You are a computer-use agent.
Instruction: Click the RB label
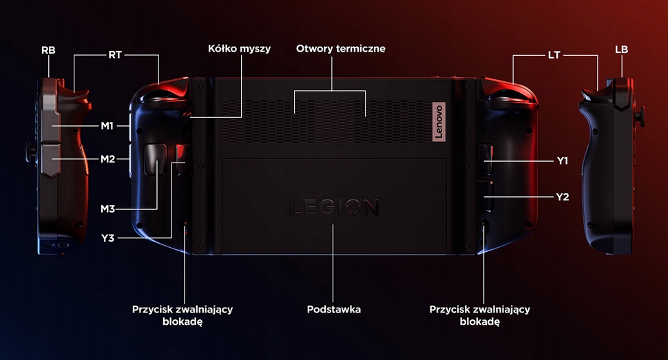(48, 50)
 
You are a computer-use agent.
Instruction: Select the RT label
(115, 55)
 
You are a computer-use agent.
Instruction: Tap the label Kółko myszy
(239, 49)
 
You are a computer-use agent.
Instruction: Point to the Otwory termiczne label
(341, 49)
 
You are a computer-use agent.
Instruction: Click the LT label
(554, 55)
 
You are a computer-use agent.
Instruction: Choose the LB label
(621, 50)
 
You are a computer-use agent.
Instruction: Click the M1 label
(107, 125)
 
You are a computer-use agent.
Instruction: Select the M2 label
(107, 159)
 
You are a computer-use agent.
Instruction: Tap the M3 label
(107, 208)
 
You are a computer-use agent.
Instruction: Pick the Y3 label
(107, 238)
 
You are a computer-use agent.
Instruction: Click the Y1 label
(563, 160)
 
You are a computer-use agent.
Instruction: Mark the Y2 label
(563, 197)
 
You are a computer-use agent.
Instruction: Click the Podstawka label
(334, 310)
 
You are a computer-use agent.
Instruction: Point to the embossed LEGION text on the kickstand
(334, 207)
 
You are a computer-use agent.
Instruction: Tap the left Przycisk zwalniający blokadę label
(182, 316)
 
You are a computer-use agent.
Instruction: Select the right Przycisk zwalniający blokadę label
(479, 316)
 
